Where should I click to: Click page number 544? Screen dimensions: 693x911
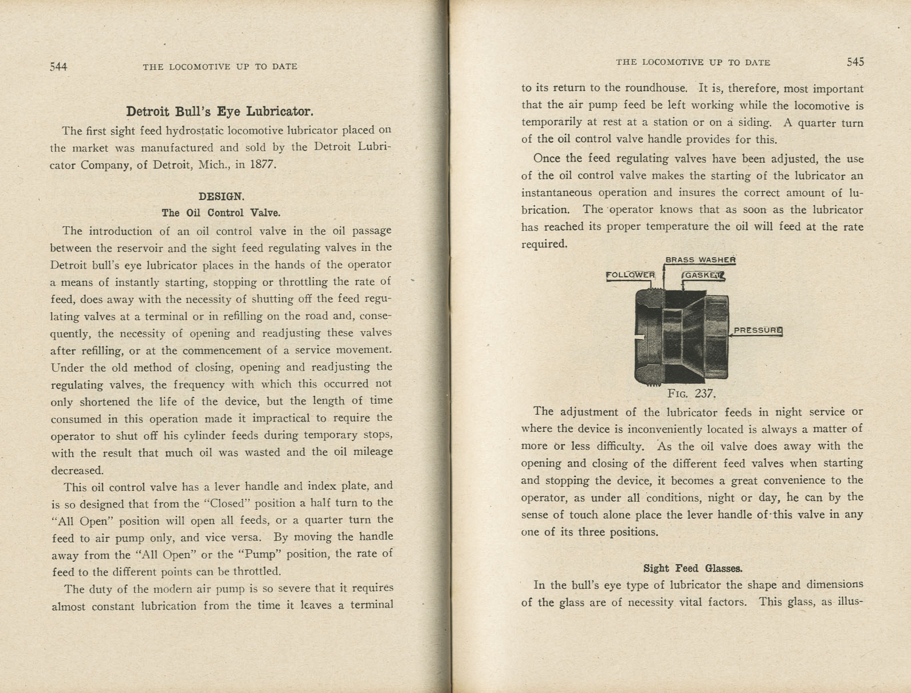58,66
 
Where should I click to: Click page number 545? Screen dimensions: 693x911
855,62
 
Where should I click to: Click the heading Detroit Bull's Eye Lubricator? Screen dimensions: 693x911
219,111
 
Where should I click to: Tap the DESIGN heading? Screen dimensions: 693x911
221,196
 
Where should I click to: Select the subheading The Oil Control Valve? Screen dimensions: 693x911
221,213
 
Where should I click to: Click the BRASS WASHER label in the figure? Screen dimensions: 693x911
700,260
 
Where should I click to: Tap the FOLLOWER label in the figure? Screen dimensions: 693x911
630,275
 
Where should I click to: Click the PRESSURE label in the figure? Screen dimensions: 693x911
757,330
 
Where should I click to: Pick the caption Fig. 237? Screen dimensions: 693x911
692,394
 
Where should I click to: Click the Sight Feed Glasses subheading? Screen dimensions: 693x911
692,568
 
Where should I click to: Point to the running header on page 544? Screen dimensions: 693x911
220,66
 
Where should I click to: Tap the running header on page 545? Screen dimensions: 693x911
693,62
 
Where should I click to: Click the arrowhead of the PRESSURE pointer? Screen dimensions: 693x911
731,336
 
